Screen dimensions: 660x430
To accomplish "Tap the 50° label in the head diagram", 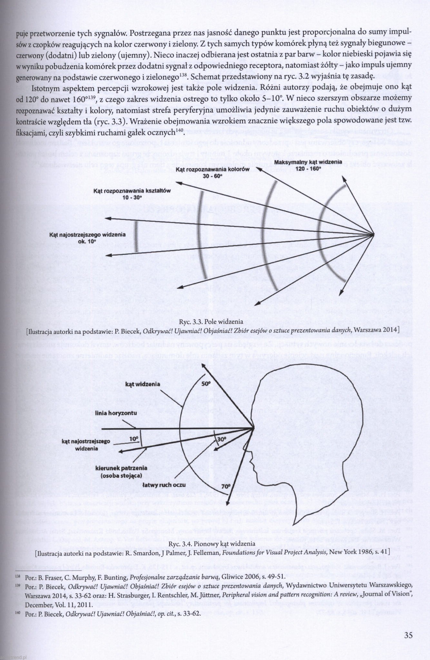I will click(206, 384).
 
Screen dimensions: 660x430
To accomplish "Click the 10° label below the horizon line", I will click(134, 439).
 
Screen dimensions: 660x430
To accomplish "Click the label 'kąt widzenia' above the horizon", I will click(143, 384).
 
